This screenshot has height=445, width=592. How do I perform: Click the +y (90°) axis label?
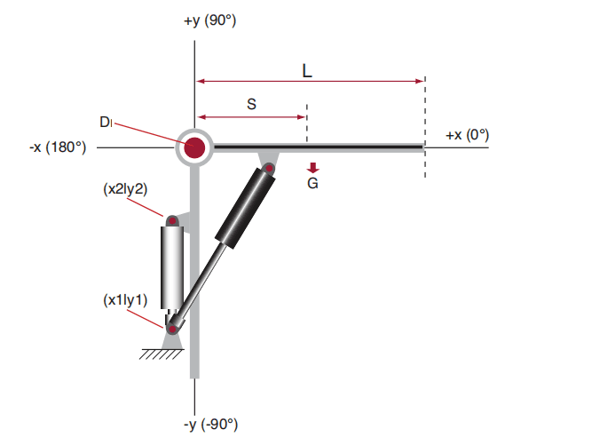[210, 20]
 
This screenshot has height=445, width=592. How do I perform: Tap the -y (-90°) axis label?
[210, 425]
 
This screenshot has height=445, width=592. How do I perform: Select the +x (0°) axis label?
[468, 135]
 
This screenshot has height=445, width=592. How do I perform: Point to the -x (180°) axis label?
[58, 147]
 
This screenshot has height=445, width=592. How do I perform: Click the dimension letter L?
[307, 71]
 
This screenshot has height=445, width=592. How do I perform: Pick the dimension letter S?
[251, 104]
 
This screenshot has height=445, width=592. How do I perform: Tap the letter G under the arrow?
[312, 183]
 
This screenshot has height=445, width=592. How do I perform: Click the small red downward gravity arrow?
[313, 168]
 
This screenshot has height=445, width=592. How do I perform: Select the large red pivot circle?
[194, 147]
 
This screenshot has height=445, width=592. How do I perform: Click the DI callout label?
[107, 122]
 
